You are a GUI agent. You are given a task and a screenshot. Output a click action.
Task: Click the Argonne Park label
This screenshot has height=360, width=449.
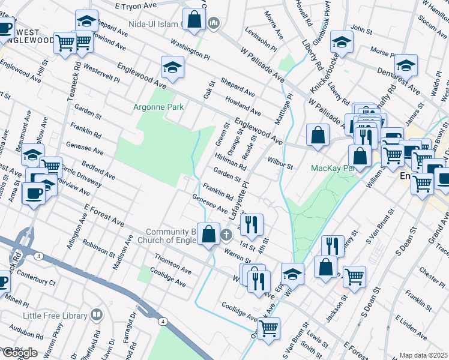pos(158,107)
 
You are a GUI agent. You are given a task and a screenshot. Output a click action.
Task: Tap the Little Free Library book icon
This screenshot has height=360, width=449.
pos(96,315)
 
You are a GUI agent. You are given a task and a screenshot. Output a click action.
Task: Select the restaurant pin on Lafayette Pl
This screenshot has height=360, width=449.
pos(252,225)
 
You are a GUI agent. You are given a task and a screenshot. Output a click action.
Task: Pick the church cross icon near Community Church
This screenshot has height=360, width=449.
pos(226,234)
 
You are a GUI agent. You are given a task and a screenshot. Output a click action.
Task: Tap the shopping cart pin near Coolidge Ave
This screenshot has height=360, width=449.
pos(268,328)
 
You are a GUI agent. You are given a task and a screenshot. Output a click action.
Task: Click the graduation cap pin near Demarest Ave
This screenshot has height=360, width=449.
pos(406,65)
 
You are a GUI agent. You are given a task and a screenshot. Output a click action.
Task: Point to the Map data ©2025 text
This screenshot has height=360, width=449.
pos(424,355)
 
